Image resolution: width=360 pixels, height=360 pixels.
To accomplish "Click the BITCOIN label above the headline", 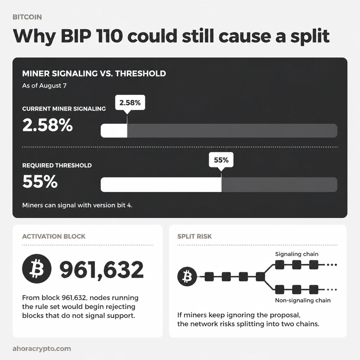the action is pyautogui.click(x=27, y=17).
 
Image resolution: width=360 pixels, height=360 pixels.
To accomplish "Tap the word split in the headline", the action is pyautogui.click(x=310, y=37).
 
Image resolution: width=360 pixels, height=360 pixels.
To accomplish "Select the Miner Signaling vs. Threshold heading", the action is pyautogui.click(x=94, y=73).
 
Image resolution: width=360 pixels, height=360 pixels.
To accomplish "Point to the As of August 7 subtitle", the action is pyautogui.click(x=44, y=86).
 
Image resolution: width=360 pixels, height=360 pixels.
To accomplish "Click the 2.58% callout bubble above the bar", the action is pyautogui.click(x=130, y=103).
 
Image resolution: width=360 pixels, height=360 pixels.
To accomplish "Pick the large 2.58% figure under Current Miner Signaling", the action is pyautogui.click(x=47, y=125).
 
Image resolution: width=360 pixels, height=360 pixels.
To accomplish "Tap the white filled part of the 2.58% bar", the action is pyautogui.click(x=114, y=131).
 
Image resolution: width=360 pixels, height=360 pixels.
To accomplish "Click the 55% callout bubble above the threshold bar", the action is pyautogui.click(x=221, y=160).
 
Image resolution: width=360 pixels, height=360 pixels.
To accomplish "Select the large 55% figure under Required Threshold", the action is pyautogui.click(x=40, y=182).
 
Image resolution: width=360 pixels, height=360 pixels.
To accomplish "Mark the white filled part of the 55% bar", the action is pyautogui.click(x=161, y=185).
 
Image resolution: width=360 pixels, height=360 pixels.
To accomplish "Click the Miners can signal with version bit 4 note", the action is pyautogui.click(x=77, y=205).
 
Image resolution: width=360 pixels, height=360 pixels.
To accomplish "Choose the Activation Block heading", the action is pyautogui.click(x=54, y=237).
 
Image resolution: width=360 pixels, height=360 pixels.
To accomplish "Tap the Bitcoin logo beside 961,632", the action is pyautogui.click(x=37, y=269).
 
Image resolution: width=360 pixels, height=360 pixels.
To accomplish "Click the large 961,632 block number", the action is pyautogui.click(x=102, y=269).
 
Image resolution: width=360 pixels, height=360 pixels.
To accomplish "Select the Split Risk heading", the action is pyautogui.click(x=194, y=237).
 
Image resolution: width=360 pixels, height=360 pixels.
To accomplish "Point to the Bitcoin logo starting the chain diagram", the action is pyautogui.click(x=187, y=276).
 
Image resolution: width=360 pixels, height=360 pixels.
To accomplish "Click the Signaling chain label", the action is pyautogui.click(x=297, y=254).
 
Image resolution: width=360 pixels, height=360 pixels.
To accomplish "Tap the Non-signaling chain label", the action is pyautogui.click(x=303, y=300).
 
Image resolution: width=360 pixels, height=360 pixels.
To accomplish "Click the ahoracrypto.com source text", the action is pyautogui.click(x=42, y=349).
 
